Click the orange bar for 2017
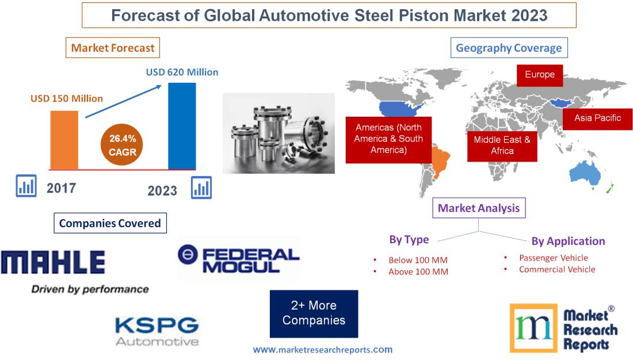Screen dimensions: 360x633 click(x=64, y=140)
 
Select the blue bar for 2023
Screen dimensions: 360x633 click(x=182, y=126)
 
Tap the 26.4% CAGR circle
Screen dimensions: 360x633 click(x=122, y=145)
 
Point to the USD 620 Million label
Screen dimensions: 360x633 click(x=182, y=72)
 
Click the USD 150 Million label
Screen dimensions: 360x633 click(x=67, y=98)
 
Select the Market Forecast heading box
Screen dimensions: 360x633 click(x=113, y=48)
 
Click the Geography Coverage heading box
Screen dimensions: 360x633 click(x=509, y=48)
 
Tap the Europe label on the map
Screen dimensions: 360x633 click(x=539, y=75)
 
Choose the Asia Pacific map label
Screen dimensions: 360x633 click(x=597, y=118)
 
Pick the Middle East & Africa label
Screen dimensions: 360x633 click(x=502, y=145)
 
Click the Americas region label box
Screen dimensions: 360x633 click(x=388, y=139)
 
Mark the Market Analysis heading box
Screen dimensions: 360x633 click(x=479, y=208)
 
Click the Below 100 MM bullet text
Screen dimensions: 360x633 click(x=418, y=260)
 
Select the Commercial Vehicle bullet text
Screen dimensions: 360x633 click(x=556, y=269)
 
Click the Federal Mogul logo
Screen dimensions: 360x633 click(x=239, y=259)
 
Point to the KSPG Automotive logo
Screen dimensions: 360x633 click(x=157, y=331)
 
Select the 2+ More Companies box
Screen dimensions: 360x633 click(x=314, y=313)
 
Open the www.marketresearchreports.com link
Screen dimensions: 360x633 click(x=323, y=349)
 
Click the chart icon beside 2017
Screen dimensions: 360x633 click(x=26, y=185)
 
